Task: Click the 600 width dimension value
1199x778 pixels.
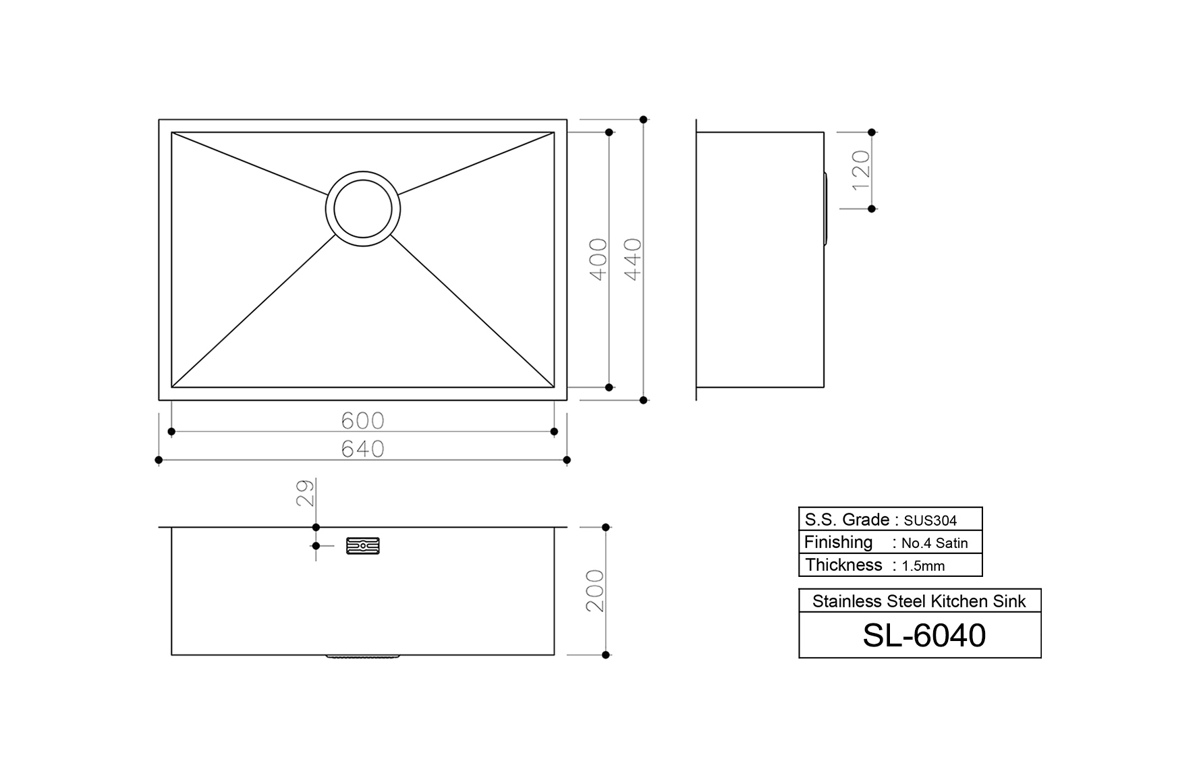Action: (362, 420)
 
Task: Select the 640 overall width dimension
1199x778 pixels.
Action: (362, 449)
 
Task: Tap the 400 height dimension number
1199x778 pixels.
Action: (598, 259)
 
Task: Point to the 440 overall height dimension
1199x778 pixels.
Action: (633, 259)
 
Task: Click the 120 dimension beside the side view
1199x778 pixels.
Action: (861, 170)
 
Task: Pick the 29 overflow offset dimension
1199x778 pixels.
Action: (305, 493)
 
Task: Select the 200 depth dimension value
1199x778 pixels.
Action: (595, 590)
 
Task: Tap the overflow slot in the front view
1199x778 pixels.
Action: (363, 545)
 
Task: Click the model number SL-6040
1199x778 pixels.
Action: (924, 635)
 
